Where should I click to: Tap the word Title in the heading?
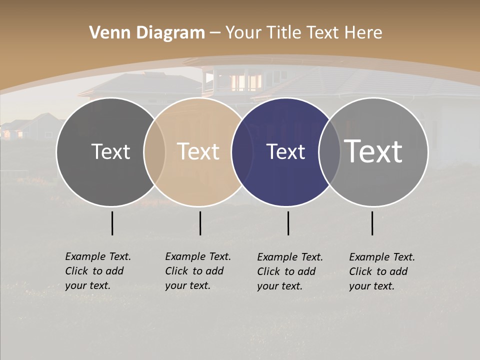click(x=286, y=33)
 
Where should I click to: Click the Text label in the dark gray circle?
click(x=110, y=152)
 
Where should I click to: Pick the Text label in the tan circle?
click(x=198, y=152)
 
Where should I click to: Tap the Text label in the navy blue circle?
click(x=285, y=152)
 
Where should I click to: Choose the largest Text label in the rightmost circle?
click(x=373, y=151)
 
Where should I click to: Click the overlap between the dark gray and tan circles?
click(x=154, y=152)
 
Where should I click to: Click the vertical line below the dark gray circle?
click(x=112, y=223)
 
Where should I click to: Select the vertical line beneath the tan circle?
click(x=200, y=223)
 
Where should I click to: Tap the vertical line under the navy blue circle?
click(x=288, y=223)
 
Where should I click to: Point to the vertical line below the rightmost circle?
click(x=372, y=223)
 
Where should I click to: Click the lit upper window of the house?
click(x=246, y=81)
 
